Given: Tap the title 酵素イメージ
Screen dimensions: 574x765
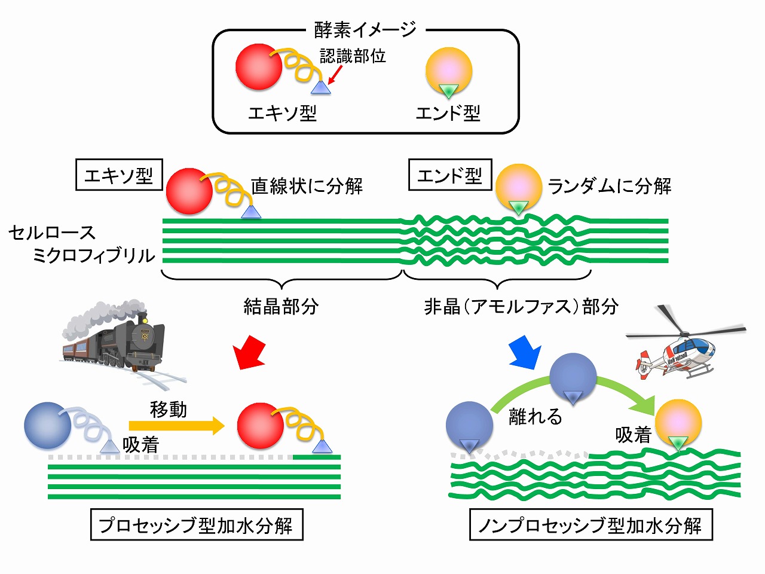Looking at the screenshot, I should coord(365,29).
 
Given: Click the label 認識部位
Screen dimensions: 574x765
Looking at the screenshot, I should coord(353,56).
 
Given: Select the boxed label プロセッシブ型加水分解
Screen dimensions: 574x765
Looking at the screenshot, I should coord(196,525).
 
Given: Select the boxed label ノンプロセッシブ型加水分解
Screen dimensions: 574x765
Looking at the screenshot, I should coord(590,525).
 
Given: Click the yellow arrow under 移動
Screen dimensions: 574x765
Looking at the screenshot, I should coord(176,426).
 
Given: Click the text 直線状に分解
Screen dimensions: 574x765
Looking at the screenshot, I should coord(307,186).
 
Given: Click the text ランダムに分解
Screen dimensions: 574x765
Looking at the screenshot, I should coord(610,186).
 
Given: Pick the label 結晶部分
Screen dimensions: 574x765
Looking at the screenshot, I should coord(281,306).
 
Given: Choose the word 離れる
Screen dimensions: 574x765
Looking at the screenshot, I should coord(535,416).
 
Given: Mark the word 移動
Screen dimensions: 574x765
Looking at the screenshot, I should coord(169,410).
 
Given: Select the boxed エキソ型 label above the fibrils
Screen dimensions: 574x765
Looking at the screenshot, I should coord(119,175).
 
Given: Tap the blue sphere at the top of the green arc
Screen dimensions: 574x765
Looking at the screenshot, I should coord(573,377).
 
